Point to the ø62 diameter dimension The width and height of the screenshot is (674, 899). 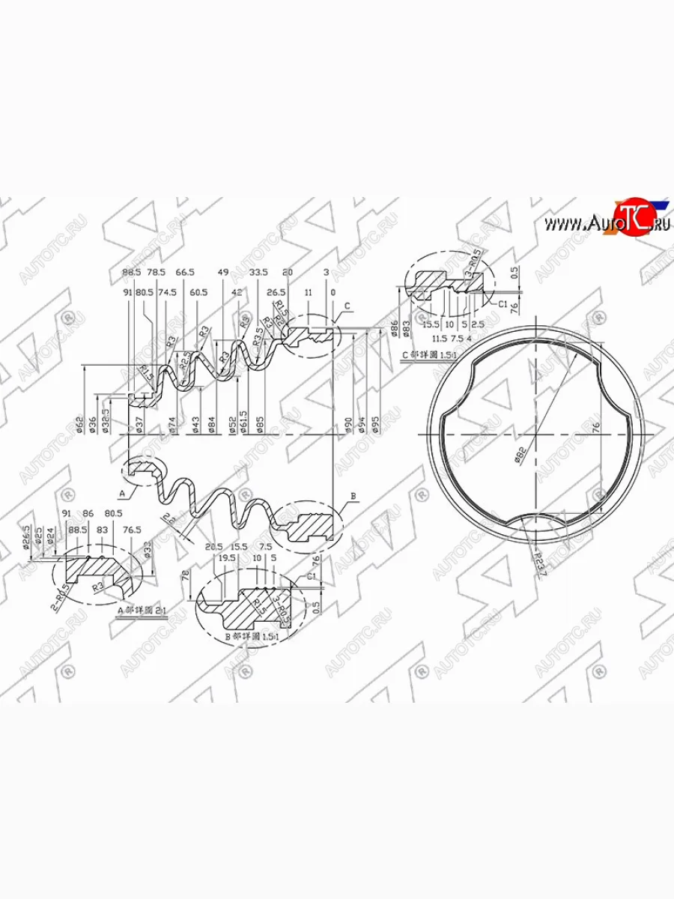click(x=79, y=423)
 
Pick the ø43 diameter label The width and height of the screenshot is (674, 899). click(x=195, y=425)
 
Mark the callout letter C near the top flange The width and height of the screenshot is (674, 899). click(x=347, y=306)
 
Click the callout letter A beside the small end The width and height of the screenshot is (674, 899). click(x=121, y=494)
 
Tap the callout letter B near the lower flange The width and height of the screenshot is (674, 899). click(x=353, y=498)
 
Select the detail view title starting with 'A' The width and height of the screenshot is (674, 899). click(x=142, y=611)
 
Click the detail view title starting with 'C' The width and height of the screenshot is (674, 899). click(x=429, y=351)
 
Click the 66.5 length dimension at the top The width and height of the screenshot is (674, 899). click(x=184, y=272)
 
